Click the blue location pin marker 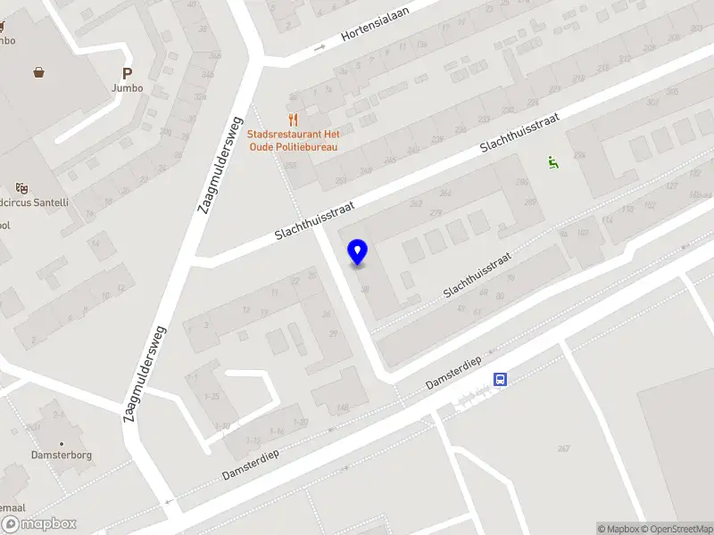[x=357, y=252]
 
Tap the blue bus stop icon [x=501, y=380]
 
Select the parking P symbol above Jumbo [x=127, y=74]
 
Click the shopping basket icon [x=39, y=72]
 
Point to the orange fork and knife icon [x=292, y=119]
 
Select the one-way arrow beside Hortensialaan [x=320, y=47]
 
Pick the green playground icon [x=552, y=161]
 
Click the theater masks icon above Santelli [x=21, y=188]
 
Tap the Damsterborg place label [x=62, y=455]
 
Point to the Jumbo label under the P [x=127, y=88]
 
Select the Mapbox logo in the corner [x=38, y=524]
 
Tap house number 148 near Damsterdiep [x=341, y=409]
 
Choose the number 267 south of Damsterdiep [x=563, y=449]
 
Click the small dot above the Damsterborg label [x=62, y=443]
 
